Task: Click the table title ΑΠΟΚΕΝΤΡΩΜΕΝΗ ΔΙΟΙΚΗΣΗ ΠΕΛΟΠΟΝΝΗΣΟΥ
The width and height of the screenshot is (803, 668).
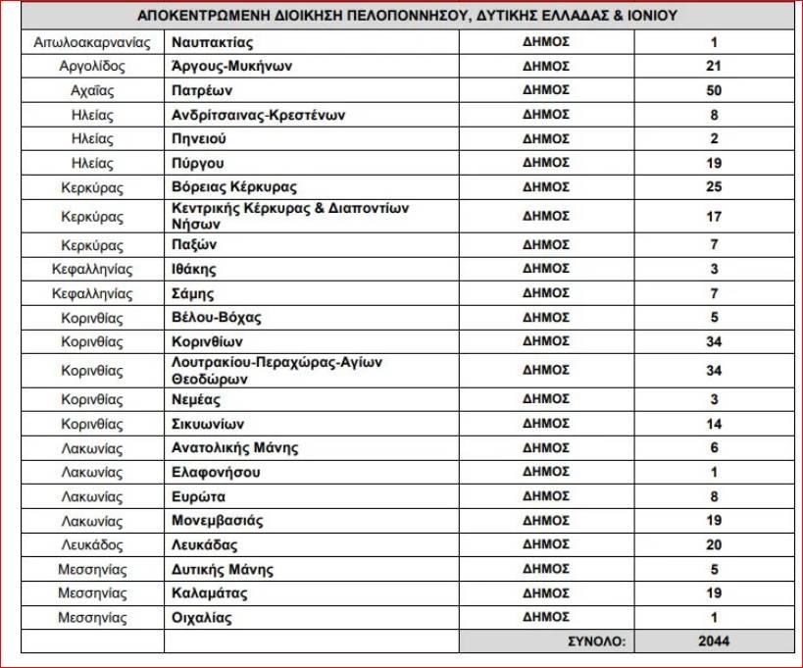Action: click(407, 17)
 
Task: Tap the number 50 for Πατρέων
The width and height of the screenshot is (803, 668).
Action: click(714, 90)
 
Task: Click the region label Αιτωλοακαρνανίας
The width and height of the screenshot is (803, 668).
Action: click(91, 42)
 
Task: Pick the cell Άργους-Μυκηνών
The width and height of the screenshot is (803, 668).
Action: click(231, 67)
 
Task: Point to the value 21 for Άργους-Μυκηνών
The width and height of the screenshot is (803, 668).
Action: click(714, 67)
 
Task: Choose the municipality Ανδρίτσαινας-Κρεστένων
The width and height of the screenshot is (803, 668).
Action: click(258, 115)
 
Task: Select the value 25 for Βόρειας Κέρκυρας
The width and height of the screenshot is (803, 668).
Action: click(714, 186)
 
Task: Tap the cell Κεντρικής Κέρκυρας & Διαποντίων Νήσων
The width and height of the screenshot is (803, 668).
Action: click(288, 216)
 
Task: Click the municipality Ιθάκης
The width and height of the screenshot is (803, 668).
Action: click(193, 269)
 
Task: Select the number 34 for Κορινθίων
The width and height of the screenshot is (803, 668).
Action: click(714, 341)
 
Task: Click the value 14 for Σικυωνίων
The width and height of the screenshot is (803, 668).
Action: click(714, 424)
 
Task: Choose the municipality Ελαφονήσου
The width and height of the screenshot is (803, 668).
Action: click(216, 472)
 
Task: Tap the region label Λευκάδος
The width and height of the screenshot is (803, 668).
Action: click(91, 544)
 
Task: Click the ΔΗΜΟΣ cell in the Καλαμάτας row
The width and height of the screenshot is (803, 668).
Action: click(546, 592)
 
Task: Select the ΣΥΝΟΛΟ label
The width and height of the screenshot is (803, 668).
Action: click(595, 642)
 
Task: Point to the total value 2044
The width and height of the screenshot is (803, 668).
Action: click(714, 642)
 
